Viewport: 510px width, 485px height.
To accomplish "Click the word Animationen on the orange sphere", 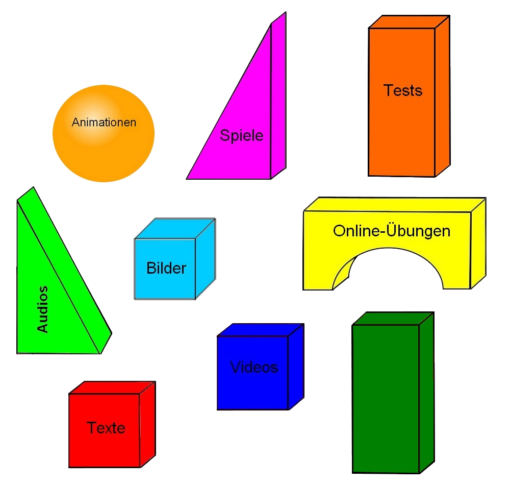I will click(x=104, y=123).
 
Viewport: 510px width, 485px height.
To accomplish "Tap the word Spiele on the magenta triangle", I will click(x=241, y=135).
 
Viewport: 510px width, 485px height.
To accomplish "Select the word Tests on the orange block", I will click(x=403, y=90).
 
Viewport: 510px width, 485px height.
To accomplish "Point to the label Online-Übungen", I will click(x=392, y=231).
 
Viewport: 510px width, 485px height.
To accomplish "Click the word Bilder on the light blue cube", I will click(x=166, y=268).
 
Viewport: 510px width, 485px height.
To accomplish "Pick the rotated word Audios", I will click(x=43, y=309).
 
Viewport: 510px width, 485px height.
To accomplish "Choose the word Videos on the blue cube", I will click(x=254, y=367).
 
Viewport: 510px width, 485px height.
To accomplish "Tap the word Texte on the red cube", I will click(x=106, y=427).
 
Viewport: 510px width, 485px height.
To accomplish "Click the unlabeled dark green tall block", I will click(x=386, y=398).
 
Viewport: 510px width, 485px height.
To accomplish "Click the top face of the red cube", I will click(x=112, y=387).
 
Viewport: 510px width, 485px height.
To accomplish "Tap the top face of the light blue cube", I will click(x=175, y=228).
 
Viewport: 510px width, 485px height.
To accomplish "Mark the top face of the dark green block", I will click(x=393, y=318).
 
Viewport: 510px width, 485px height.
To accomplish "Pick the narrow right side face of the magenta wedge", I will click(x=278, y=97).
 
